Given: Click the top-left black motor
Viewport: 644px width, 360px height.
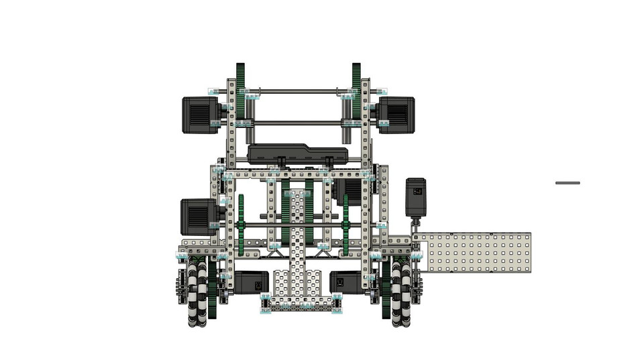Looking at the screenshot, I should (201, 115).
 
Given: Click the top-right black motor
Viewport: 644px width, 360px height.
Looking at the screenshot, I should (396, 115).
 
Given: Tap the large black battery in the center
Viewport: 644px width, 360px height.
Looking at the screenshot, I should (298, 154).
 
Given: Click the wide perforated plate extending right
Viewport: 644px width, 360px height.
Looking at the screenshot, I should (473, 253).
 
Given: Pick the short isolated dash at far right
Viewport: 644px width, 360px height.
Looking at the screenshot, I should (568, 182).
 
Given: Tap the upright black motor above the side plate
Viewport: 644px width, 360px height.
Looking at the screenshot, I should (416, 196).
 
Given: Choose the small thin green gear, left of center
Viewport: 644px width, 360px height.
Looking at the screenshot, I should (241, 225).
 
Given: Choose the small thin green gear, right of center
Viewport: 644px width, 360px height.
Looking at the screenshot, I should (346, 225).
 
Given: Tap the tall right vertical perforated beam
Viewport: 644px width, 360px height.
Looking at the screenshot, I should (366, 188).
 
